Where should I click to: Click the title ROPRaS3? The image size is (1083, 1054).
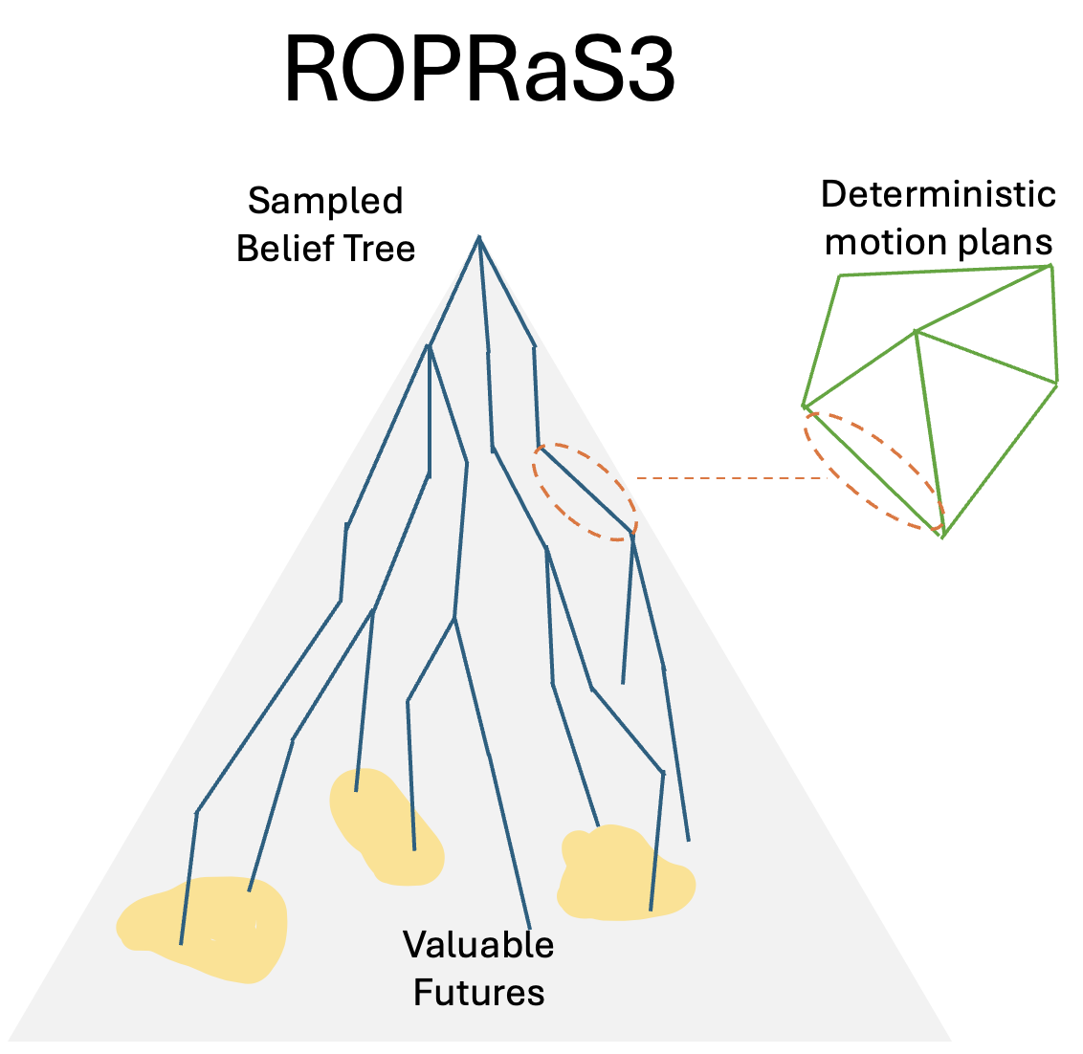coord(479,73)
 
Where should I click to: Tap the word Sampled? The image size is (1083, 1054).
coord(325,201)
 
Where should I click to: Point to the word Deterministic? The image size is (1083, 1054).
coord(938,195)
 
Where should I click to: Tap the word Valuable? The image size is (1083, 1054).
coord(478,944)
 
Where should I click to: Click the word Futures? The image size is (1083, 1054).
coord(478,992)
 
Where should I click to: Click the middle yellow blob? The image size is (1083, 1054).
coord(383,823)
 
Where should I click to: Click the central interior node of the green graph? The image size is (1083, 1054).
coord(917,331)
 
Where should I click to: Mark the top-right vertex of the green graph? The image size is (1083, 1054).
coord(1051,265)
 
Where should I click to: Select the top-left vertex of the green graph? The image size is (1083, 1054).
coord(840,275)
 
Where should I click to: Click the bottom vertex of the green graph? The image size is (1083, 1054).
coord(942,538)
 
